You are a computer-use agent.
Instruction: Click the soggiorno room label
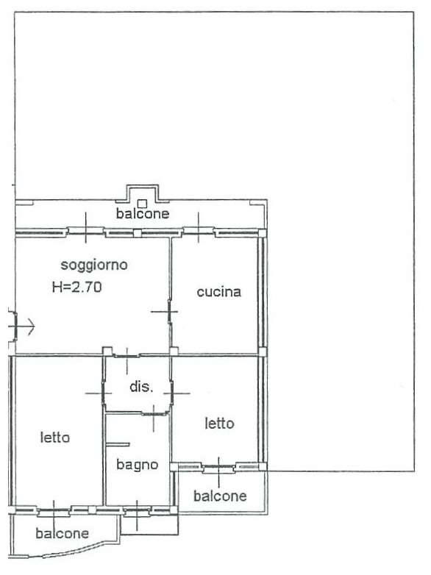[x=94, y=265]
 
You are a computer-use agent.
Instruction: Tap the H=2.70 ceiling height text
[x=76, y=287]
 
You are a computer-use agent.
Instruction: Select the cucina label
[x=219, y=292]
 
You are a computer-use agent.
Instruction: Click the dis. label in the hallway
[x=141, y=387]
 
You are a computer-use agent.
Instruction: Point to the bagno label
[x=138, y=465]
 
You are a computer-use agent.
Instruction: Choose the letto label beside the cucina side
[x=219, y=424]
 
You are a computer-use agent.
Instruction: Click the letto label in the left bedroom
[x=55, y=438]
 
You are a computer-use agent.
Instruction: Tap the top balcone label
[x=143, y=213]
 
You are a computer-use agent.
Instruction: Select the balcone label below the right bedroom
[x=220, y=496]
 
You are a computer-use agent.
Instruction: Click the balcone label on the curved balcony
[x=62, y=534]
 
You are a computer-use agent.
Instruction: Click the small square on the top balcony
[x=142, y=204]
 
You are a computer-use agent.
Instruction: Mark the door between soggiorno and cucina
[x=169, y=312]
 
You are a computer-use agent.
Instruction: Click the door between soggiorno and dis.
[x=127, y=356]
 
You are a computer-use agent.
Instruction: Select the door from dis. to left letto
[x=104, y=393]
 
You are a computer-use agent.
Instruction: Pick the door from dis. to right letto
[x=171, y=393]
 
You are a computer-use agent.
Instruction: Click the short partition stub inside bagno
[x=118, y=445]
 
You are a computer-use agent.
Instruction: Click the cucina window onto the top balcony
[x=199, y=231]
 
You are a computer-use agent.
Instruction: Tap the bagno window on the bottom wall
[x=137, y=511]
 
